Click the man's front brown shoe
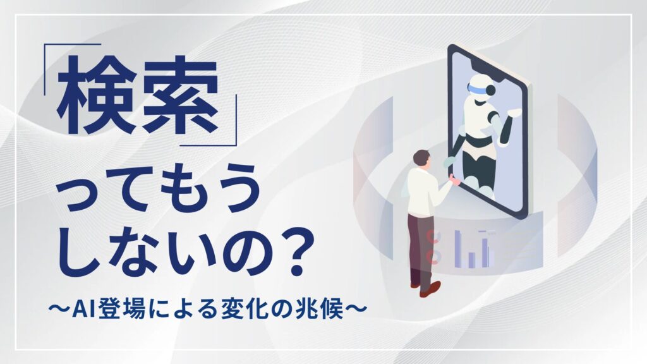(430, 289)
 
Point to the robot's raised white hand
(516, 112)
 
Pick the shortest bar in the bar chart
(471, 259)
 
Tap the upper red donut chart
(433, 238)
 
